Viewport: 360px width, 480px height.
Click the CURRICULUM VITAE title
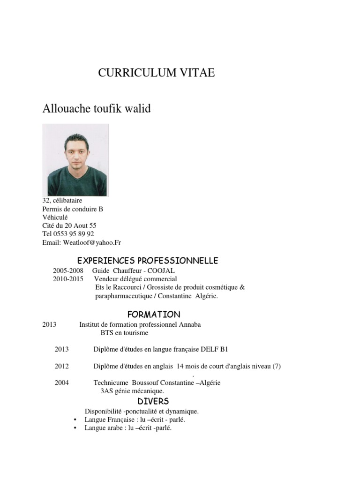[156, 73]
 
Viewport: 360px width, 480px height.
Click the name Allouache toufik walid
[97, 109]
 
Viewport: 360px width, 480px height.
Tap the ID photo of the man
[75, 160]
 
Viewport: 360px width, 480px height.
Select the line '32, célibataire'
[62, 201]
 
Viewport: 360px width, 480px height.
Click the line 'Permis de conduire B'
[72, 209]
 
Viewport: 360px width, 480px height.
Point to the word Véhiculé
[55, 217]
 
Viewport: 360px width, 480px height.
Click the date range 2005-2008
[68, 271]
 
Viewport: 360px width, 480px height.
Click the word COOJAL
[161, 271]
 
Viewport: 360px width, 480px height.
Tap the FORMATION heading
[154, 314]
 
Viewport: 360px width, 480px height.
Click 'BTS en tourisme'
[124, 333]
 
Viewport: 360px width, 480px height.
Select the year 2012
[61, 366]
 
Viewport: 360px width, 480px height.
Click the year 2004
[61, 382]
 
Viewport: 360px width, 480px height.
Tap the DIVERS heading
[153, 401]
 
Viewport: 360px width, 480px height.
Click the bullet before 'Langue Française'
[75, 420]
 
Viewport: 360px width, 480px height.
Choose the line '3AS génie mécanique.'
[132, 390]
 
